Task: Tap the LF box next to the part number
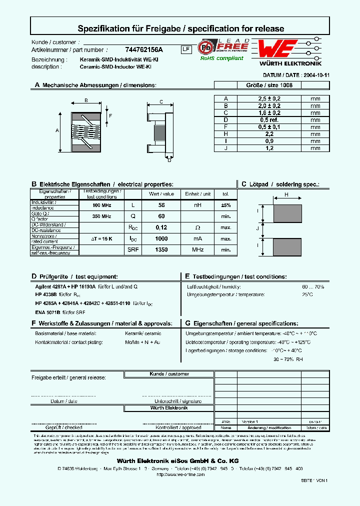click(x=185, y=49)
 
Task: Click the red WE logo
click(x=278, y=49)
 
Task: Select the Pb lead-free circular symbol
click(x=205, y=47)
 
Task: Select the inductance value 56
click(x=161, y=205)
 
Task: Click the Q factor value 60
click(x=161, y=216)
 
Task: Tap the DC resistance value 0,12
click(x=161, y=227)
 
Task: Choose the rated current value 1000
click(x=161, y=238)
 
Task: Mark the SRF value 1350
click(x=161, y=249)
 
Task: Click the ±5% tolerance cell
click(x=226, y=205)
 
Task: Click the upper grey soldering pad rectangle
click(x=287, y=213)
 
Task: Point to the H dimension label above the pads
click(x=286, y=194)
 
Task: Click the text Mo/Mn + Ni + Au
click(x=143, y=342)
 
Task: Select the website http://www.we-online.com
click(x=180, y=474)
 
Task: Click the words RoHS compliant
click(x=221, y=58)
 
